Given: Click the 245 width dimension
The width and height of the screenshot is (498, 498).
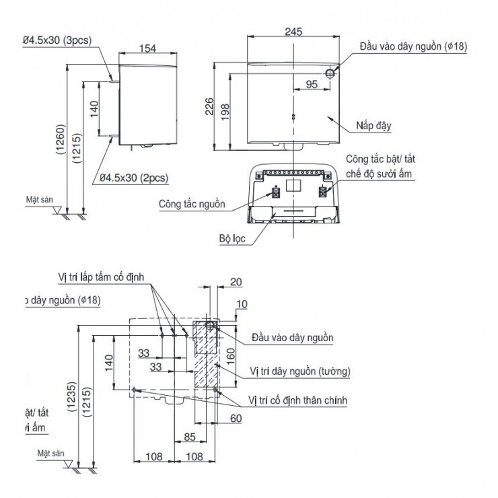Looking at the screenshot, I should (x=293, y=32).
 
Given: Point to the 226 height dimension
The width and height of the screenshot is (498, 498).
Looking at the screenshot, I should (x=209, y=106).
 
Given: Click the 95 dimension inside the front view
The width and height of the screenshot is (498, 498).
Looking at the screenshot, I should (x=312, y=84).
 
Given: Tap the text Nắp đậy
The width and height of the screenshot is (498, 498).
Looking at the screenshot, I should (x=373, y=125).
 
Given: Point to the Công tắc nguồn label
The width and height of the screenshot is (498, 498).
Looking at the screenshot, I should (x=192, y=203).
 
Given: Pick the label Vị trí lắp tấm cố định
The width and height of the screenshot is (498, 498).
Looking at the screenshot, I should (x=100, y=277).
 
